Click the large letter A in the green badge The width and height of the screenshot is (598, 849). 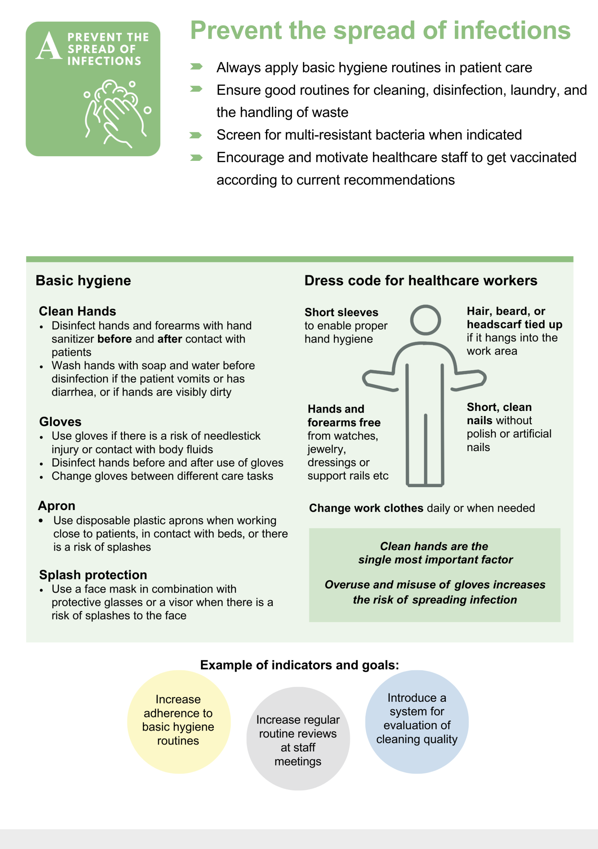click(x=48, y=45)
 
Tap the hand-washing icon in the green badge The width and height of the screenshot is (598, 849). click(x=115, y=113)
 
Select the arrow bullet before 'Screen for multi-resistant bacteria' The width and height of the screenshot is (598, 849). click(x=196, y=135)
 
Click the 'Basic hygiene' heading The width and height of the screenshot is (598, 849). click(x=83, y=281)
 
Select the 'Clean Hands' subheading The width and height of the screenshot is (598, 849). click(x=77, y=311)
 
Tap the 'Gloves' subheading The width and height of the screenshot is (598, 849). click(x=60, y=422)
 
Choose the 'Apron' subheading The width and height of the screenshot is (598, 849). click(x=57, y=506)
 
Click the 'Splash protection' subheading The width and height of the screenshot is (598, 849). click(x=93, y=575)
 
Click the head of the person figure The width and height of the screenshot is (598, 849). click(x=425, y=320)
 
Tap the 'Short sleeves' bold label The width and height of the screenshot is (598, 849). click(x=341, y=312)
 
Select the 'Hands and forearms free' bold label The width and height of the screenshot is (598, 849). click(x=344, y=416)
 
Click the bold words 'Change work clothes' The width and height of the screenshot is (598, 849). click(x=366, y=508)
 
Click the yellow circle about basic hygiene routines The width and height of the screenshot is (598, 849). click(x=179, y=722)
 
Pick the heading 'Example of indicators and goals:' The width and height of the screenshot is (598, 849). click(x=299, y=665)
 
